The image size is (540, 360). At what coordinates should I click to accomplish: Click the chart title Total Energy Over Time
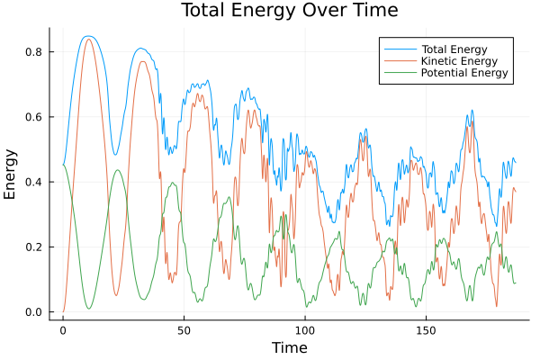point(289,11)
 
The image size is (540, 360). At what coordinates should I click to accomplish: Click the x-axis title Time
point(289,347)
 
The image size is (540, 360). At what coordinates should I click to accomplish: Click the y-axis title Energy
point(11,174)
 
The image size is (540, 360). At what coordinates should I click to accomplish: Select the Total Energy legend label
point(455,48)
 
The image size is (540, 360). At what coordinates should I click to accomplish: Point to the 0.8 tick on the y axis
point(35,52)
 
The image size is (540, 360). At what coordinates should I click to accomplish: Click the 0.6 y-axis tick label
point(35,117)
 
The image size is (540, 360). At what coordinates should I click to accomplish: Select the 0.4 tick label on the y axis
point(35,182)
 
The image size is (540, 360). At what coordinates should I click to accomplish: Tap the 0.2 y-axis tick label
point(35,247)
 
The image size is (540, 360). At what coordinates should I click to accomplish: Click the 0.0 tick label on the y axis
point(35,312)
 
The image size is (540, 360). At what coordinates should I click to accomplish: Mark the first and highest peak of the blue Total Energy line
point(87,36)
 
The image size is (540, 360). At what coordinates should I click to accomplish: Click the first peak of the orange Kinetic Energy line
point(88,40)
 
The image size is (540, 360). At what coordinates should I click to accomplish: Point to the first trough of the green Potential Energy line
point(89,309)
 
